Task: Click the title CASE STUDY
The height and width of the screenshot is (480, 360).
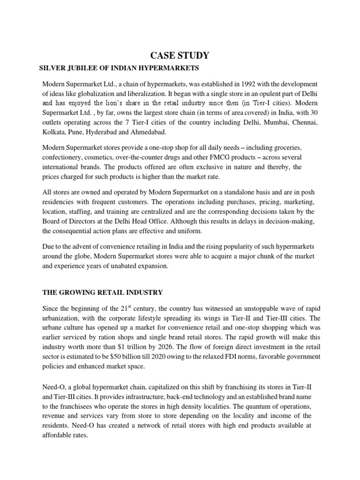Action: click(180, 56)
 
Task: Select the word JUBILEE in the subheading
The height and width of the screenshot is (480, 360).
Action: click(79, 68)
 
